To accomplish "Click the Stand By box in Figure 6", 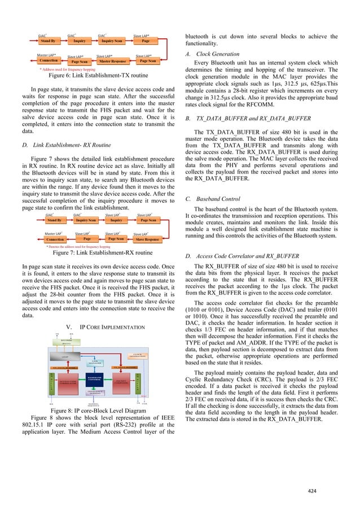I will pyautogui.click(x=49, y=41).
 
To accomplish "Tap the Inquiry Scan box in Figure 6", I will pyautogui.click(x=111, y=41).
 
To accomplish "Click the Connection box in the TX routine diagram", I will pyautogui.click(x=49, y=60).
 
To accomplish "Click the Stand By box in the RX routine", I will pyautogui.click(x=54, y=220).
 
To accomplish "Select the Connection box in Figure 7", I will pyautogui.click(x=55, y=239).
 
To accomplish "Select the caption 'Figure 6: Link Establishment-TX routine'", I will pyautogui.click(x=99, y=75).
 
